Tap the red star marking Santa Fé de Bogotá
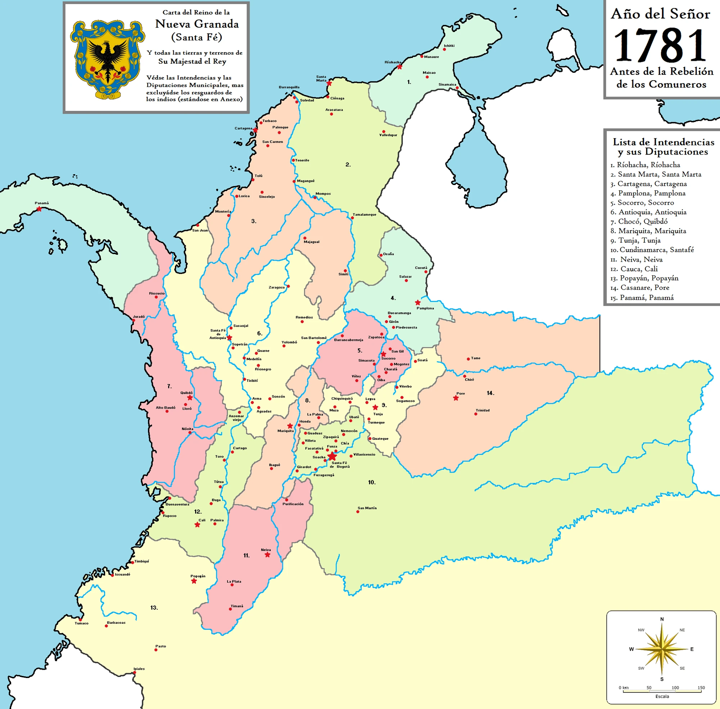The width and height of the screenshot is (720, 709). coord(332,456)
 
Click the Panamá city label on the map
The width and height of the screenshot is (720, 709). coord(42,203)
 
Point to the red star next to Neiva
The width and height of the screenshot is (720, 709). coord(267,555)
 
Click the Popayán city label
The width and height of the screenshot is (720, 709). coord(198,576)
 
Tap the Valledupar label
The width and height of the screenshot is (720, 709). coord(388,135)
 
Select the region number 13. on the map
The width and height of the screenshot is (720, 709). coord(154,608)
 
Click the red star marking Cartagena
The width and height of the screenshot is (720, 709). coord(255,130)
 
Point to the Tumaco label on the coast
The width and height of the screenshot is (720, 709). coord(81,623)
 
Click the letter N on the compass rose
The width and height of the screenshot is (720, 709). coord(662,619)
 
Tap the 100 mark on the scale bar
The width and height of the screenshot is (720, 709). coord(675,688)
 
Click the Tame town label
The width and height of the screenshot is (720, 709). coord(476,358)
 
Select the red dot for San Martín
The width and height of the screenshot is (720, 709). coord(357,512)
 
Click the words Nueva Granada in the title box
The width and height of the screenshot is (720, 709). coord(197,24)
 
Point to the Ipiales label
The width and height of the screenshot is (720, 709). coord(139,669)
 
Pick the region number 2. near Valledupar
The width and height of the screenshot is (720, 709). coord(348,164)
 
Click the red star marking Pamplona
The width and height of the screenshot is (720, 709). coord(418,303)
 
